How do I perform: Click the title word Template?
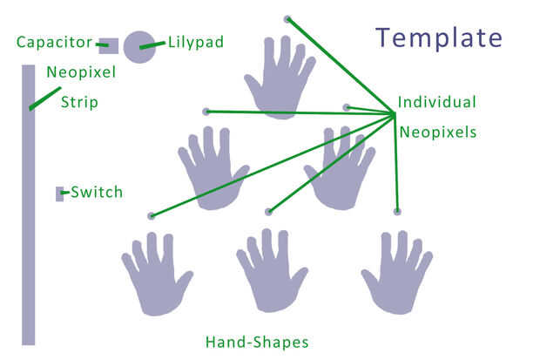[x=439, y=37]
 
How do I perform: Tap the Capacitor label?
[x=54, y=42]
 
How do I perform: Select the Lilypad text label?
[x=195, y=41]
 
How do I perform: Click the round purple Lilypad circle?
[x=139, y=46]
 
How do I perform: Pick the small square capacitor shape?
[x=108, y=46]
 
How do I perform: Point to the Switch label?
[x=97, y=192]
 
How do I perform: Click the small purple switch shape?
[x=60, y=194]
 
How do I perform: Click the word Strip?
[x=79, y=102]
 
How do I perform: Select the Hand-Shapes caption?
[x=257, y=341]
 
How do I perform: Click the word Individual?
[x=436, y=102]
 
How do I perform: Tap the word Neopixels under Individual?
[x=438, y=132]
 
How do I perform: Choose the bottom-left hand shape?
[x=157, y=275]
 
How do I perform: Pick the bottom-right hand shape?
[x=398, y=271]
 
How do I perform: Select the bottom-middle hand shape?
[x=272, y=271]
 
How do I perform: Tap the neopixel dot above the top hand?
[x=287, y=18]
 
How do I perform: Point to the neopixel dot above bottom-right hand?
[x=397, y=211]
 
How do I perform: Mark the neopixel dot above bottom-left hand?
[x=151, y=215]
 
